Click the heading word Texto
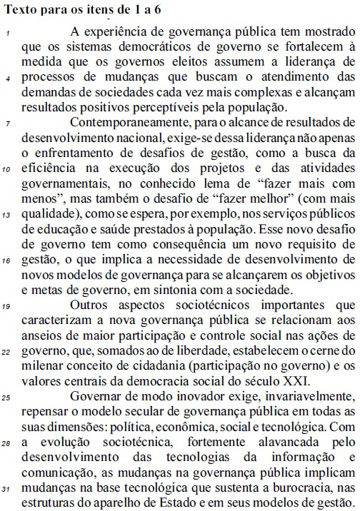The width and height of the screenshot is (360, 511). pos(22,9)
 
